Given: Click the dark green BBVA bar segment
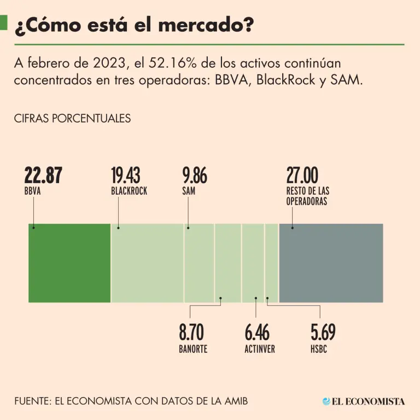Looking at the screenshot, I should pyautogui.click(x=69, y=262).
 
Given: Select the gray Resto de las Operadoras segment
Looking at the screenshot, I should pyautogui.click(x=331, y=262).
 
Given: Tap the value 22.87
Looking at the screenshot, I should pyautogui.click(x=43, y=176).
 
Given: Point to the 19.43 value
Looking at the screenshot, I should pyautogui.click(x=126, y=176).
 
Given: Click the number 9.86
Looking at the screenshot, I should pyautogui.click(x=195, y=176).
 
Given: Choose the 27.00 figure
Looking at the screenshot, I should pyautogui.click(x=302, y=176).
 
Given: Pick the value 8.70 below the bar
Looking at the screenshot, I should pyautogui.click(x=191, y=332).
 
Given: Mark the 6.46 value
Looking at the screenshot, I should pyautogui.click(x=257, y=332).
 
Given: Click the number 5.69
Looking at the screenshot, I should pyautogui.click(x=323, y=332).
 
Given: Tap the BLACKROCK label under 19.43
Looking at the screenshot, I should pyautogui.click(x=129, y=191).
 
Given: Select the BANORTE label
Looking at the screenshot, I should pyautogui.click(x=193, y=349).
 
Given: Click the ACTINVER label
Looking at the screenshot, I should pyautogui.click(x=260, y=349).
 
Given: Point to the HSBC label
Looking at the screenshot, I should pyautogui.click(x=319, y=349).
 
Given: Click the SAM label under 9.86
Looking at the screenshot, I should pyautogui.click(x=189, y=191).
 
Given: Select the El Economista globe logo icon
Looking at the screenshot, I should pyautogui.click(x=326, y=401).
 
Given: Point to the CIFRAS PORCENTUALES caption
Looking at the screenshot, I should pyautogui.click(x=72, y=118).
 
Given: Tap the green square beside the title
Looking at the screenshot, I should pyautogui.click(x=4, y=23).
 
